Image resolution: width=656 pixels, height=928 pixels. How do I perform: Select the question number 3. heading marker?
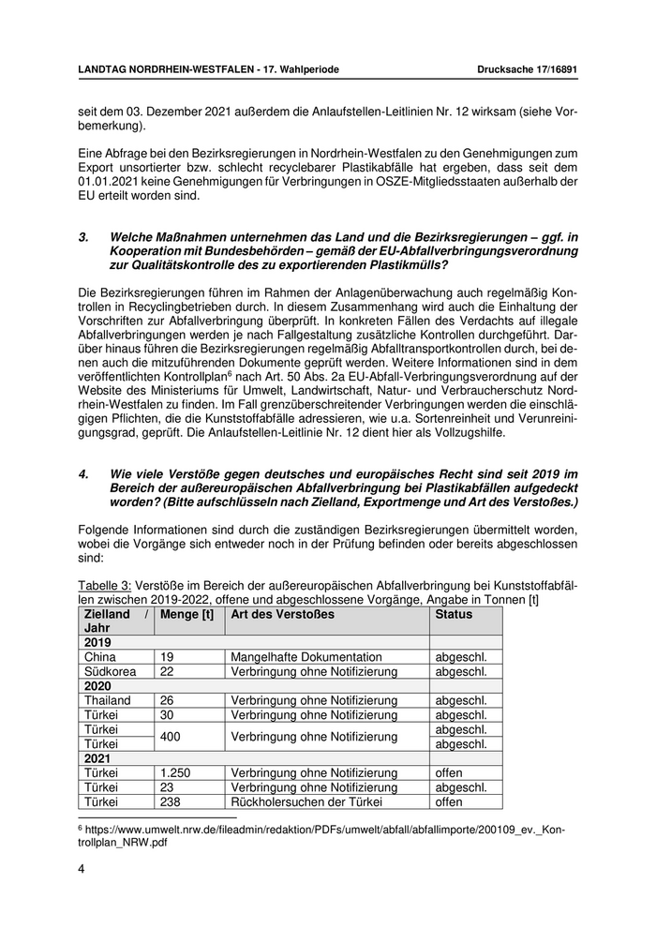(x=83, y=238)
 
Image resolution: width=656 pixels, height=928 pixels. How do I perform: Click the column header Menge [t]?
(x=187, y=614)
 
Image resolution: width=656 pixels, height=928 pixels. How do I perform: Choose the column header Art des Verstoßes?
(x=280, y=614)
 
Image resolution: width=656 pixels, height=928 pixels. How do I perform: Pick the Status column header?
(x=454, y=614)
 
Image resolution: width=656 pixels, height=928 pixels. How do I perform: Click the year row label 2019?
(x=97, y=642)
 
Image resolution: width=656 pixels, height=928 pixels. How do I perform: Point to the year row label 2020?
(x=97, y=686)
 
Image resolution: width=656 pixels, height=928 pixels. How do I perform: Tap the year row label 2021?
(x=97, y=758)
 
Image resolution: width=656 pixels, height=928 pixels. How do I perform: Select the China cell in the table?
(x=100, y=657)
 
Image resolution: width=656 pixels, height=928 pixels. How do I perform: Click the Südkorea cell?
(x=110, y=672)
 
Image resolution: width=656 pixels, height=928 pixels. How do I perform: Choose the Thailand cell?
(x=107, y=700)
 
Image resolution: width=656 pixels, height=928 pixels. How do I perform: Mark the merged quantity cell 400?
(x=171, y=737)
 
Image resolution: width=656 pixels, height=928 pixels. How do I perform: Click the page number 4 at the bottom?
(x=82, y=869)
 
